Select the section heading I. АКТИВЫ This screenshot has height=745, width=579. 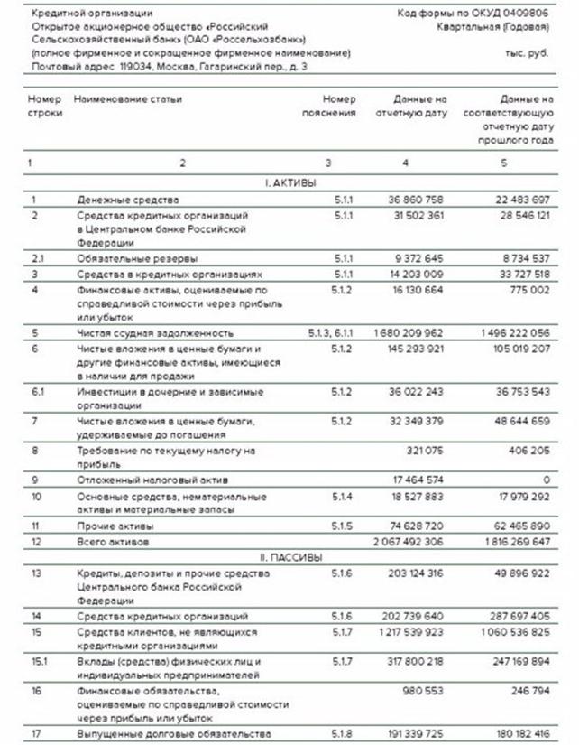coord(289,182)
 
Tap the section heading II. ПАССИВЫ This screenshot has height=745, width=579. coord(289,557)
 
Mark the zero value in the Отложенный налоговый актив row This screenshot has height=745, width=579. coord(546,479)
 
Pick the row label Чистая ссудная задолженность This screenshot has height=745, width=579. coord(149,332)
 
